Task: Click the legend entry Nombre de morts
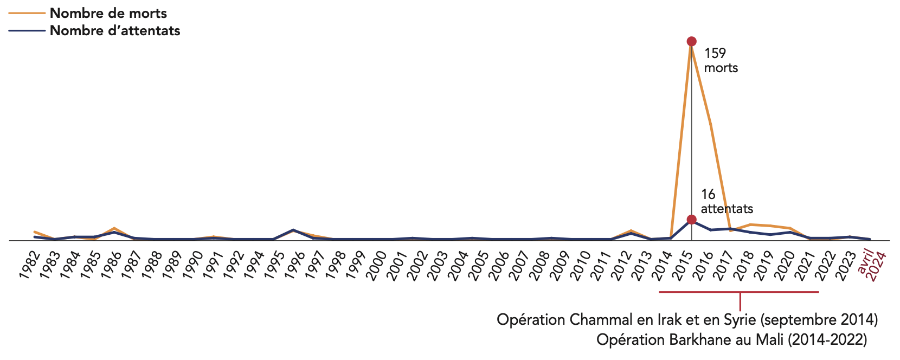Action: click(x=108, y=13)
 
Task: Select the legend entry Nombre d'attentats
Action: click(x=114, y=31)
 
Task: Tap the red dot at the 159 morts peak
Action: click(x=691, y=41)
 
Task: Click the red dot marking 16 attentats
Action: click(x=691, y=220)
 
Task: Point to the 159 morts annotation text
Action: click(x=720, y=60)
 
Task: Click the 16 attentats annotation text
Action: click(x=727, y=201)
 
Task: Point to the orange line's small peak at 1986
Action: click(x=114, y=228)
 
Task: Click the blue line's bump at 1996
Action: click(x=293, y=230)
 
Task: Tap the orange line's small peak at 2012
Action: click(x=631, y=231)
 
